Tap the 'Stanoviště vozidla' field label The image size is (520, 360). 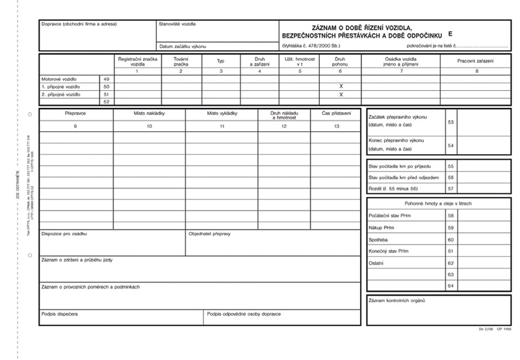(177, 25)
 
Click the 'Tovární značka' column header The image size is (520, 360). (181, 62)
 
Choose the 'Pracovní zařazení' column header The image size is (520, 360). (476, 60)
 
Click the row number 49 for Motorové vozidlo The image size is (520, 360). (107, 78)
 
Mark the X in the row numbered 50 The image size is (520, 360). (341, 86)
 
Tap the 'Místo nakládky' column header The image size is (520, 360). (149, 113)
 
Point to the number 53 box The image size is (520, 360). (450, 122)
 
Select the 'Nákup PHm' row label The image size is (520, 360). (382, 227)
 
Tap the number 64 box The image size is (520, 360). (450, 285)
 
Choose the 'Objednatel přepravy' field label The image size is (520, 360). (209, 233)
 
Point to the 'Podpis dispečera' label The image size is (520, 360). (60, 314)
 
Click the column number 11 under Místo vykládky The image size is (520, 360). (222, 125)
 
